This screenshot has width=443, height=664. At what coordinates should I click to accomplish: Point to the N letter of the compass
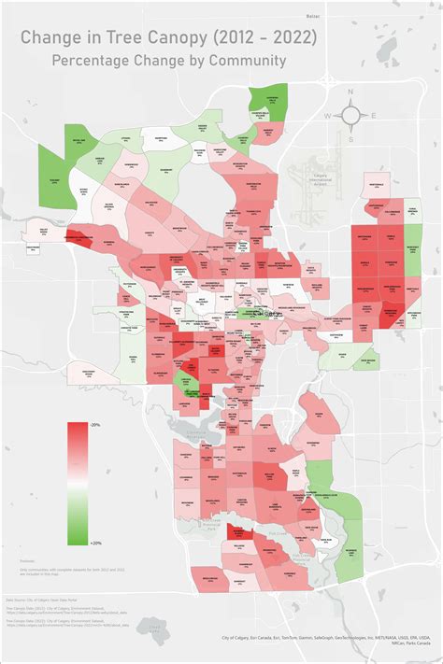[x=350, y=92]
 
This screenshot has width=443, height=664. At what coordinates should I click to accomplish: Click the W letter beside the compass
[x=326, y=116]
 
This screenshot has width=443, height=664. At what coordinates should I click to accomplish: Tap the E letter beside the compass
[x=374, y=116]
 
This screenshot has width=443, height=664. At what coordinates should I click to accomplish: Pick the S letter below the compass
[x=350, y=139]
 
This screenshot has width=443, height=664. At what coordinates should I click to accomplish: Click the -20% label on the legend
[x=94, y=424]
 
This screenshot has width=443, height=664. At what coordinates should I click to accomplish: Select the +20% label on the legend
[x=94, y=541]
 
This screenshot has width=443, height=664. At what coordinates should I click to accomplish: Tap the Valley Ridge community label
[x=42, y=231]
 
